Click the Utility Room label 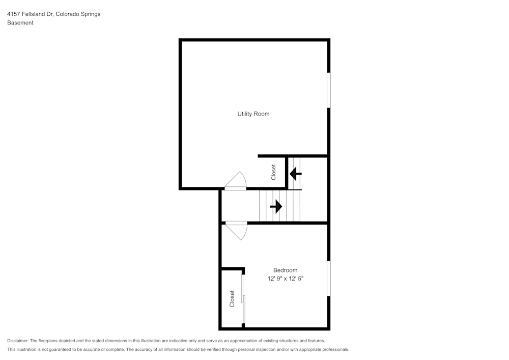(253, 114)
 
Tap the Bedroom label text (285, 270)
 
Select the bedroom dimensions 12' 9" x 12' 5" (286, 279)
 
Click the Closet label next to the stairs (273, 172)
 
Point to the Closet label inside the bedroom (232, 299)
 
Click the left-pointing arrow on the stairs (295, 174)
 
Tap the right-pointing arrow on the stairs (276, 206)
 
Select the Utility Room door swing (235, 180)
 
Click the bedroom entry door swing (236, 231)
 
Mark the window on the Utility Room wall (328, 90)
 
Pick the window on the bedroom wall (328, 278)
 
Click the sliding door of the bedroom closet (243, 299)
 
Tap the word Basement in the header (20, 23)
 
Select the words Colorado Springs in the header (78, 14)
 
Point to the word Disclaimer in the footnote (18, 341)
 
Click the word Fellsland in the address (34, 14)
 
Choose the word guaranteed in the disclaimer (66, 350)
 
